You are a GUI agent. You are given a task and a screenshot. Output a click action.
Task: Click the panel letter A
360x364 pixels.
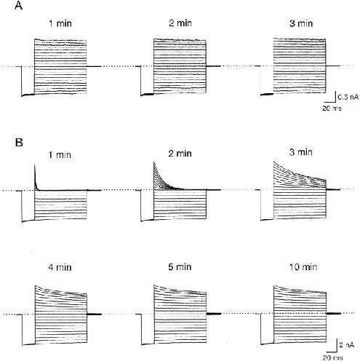pos(19,5)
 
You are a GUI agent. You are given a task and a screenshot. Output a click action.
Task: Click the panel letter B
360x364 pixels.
pos(19,142)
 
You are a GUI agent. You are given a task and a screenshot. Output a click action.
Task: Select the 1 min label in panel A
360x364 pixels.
pos(60,23)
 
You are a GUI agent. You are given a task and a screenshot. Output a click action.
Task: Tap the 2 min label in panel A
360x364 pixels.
pos(180,23)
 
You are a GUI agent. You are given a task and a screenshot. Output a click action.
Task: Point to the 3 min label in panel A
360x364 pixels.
pos(301,23)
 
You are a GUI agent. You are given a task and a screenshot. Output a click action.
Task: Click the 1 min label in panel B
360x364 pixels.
pos(60,154)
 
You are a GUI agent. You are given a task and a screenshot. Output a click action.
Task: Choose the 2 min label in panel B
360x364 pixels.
pos(180,154)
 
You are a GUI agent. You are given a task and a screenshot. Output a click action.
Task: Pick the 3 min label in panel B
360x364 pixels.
pos(300,152)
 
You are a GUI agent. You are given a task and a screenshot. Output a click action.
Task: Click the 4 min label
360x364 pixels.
pos(60,267)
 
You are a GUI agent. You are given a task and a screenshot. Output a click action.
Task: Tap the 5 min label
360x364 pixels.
pos(180,267)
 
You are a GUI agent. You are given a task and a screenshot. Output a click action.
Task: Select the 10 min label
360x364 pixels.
pos(303,267)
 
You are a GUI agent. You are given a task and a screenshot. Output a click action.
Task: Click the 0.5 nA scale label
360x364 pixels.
pos(348,98)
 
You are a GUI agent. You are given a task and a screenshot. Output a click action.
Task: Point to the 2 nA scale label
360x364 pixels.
pos(347,345)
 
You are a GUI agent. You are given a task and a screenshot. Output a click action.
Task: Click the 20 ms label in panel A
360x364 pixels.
pos(332,108)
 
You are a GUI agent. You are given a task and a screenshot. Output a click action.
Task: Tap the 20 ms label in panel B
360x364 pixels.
pos(332,357)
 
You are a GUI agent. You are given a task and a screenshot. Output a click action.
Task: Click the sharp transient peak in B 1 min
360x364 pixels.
pos(35,165)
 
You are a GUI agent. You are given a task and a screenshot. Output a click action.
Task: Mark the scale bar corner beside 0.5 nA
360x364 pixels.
pos(335,101)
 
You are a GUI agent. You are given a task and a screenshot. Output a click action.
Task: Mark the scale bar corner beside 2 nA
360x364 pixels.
pos(337,351)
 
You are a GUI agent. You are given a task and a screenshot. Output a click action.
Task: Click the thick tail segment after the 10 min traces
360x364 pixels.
pos(334,313)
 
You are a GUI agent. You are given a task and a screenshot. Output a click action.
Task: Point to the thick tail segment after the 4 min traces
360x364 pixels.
pos(95,314)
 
